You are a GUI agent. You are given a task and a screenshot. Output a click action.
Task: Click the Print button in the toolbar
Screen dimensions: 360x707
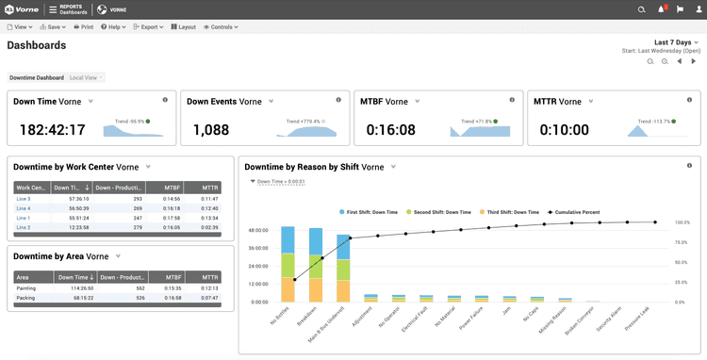83,27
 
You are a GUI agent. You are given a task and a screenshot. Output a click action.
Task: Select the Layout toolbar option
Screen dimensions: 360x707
184,27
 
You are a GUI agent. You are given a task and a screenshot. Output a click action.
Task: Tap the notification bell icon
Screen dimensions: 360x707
661,9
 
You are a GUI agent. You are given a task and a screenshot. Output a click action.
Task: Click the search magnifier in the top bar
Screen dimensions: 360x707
642,9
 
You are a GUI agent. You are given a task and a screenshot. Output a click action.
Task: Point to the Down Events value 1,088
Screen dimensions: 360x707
211,130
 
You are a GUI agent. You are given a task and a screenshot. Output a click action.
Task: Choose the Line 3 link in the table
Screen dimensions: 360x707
24,199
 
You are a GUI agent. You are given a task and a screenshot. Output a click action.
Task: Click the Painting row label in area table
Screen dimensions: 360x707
26,288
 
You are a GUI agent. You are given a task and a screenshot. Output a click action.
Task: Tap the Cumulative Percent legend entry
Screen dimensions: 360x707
577,213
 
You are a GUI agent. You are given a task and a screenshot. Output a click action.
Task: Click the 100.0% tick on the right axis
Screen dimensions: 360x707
682,223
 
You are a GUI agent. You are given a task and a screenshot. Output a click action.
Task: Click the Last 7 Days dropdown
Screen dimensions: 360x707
677,42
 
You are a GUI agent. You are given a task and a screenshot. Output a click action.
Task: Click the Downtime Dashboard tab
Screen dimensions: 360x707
37,77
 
